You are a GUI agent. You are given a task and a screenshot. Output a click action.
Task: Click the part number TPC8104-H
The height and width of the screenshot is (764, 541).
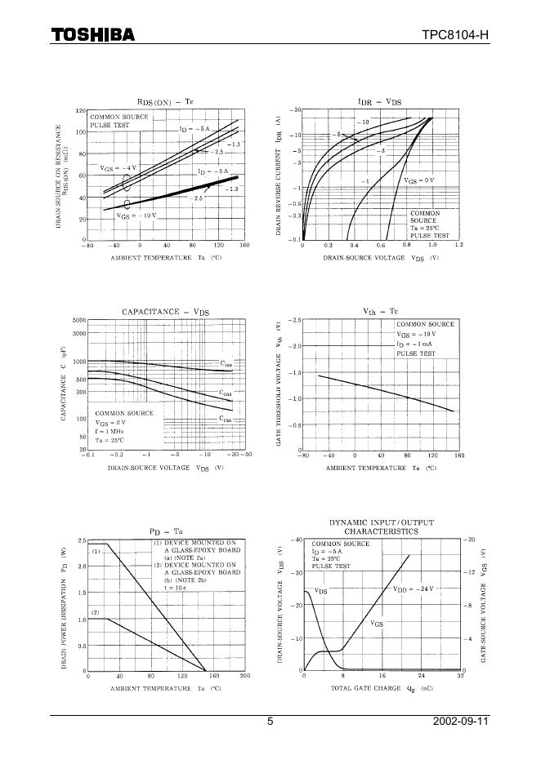click(x=455, y=34)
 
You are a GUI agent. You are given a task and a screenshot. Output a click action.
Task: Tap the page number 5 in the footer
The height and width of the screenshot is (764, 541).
click(x=270, y=722)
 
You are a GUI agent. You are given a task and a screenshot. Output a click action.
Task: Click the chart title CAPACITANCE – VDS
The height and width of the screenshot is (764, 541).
click(x=165, y=312)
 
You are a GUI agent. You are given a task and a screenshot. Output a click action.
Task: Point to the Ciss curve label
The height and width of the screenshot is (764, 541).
click(x=226, y=363)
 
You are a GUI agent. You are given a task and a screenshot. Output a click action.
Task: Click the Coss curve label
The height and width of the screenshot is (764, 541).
click(x=225, y=393)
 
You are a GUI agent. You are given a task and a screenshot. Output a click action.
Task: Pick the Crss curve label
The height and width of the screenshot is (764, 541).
click(x=225, y=420)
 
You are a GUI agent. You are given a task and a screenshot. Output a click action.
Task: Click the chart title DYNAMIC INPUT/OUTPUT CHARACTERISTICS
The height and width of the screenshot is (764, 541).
click(x=381, y=526)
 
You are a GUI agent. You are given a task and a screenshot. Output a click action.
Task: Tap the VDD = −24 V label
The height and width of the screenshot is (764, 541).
click(x=412, y=588)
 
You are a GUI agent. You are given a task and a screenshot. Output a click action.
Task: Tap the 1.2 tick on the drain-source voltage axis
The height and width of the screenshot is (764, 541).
click(x=458, y=245)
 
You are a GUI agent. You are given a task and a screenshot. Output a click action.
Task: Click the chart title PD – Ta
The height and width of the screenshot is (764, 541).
click(x=165, y=531)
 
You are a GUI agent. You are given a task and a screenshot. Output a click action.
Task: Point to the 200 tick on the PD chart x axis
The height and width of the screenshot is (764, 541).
click(x=244, y=677)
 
